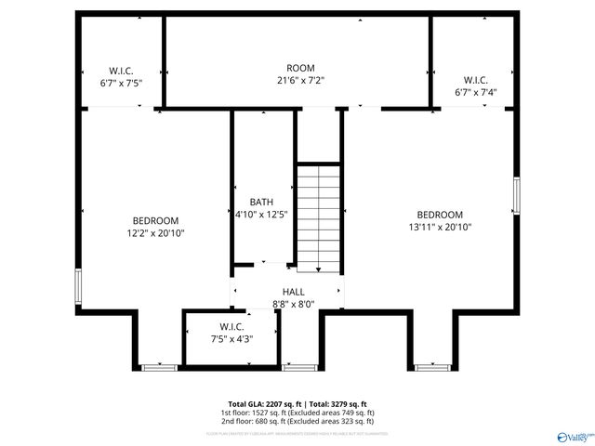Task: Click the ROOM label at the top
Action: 300,68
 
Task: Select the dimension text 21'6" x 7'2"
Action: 300,81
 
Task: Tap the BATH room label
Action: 261,202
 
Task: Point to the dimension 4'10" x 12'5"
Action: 261,215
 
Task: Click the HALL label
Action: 293,292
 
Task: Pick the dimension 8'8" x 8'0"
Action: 293,304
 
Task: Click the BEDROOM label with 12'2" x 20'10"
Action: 155,220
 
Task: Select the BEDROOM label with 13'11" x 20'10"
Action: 440,215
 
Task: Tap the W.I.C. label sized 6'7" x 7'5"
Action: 122,70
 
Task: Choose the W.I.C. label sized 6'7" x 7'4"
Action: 476,79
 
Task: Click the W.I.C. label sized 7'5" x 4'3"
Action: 231,326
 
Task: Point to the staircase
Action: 319,217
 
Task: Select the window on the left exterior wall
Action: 79,286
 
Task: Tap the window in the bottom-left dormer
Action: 160,368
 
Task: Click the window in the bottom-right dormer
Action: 431,368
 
